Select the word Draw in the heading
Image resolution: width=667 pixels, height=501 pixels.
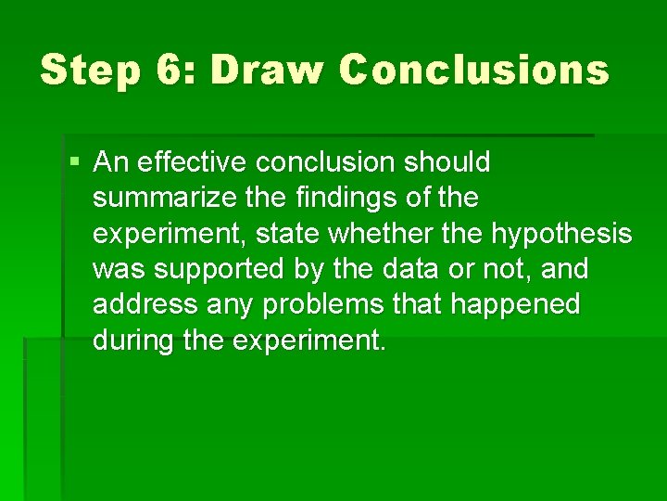(x=268, y=70)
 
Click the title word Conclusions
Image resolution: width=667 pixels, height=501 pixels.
(x=474, y=70)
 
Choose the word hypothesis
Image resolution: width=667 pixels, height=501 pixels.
(x=561, y=234)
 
